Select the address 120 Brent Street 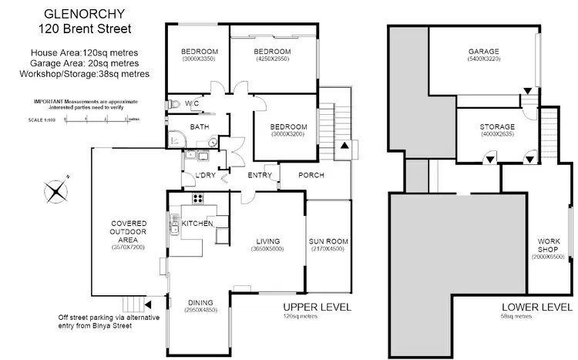[85, 29]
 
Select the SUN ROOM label [328, 241]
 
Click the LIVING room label [268, 241]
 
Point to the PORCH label [311, 175]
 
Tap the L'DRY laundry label [193, 175]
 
